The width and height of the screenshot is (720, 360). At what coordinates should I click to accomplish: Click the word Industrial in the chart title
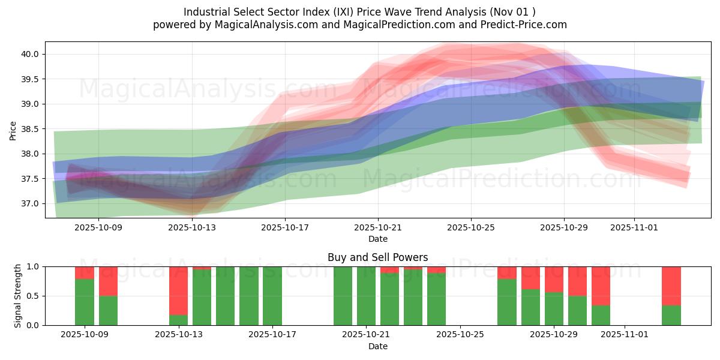(x=205, y=12)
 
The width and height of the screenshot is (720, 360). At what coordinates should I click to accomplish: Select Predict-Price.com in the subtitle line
(x=525, y=25)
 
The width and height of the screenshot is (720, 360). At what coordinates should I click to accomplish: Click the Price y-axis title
(x=13, y=130)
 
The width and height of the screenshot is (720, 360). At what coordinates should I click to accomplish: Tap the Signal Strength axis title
(x=18, y=296)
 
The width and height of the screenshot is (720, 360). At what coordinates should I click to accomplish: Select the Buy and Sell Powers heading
(x=377, y=257)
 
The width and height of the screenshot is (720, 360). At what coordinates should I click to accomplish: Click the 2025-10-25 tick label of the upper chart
(x=471, y=227)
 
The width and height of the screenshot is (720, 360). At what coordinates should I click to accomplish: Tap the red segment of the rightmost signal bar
(x=671, y=286)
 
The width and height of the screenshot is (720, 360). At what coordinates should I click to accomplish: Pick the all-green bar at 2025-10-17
(x=272, y=296)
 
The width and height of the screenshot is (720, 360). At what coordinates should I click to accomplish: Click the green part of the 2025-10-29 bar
(x=553, y=308)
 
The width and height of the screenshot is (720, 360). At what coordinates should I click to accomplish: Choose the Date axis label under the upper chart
(x=377, y=239)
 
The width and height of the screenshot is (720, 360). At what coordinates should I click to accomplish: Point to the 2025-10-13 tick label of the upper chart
(x=192, y=227)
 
